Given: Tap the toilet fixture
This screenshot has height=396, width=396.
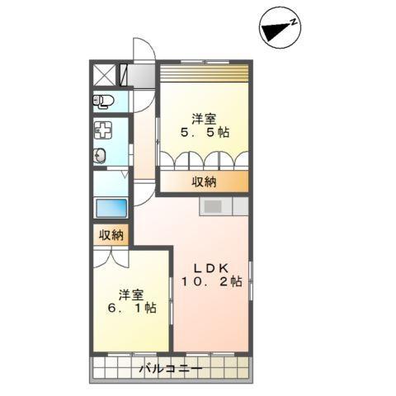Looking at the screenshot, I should tap(103, 101).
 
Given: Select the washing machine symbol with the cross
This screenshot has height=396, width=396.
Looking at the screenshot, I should tap(103, 130).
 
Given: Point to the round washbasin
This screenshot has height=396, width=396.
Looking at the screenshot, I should tap(101, 155).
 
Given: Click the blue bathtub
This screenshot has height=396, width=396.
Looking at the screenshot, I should tap(111, 208).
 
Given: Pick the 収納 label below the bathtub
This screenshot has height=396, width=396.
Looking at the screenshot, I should tap(111, 235).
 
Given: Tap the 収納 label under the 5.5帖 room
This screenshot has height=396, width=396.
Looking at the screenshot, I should tap(205, 181).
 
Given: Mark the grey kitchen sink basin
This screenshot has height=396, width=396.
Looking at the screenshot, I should tap(212, 205).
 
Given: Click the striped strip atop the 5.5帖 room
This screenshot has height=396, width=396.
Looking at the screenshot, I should tap(203, 73).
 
